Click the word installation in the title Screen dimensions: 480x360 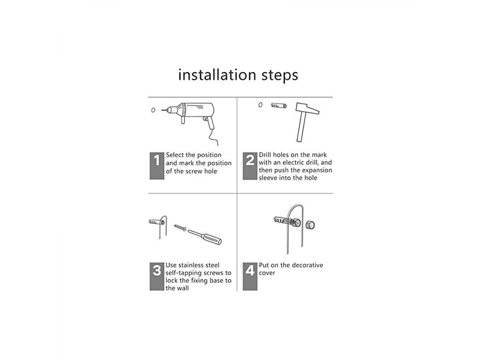pyautogui.click(x=217, y=74)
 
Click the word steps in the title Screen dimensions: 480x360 pyautogui.click(x=280, y=76)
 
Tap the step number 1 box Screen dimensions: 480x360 pyautogui.click(x=157, y=166)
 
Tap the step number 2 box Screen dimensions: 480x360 pyautogui.click(x=250, y=166)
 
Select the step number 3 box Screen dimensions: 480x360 pyautogui.click(x=157, y=276)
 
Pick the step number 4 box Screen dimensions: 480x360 pyautogui.click(x=250, y=276)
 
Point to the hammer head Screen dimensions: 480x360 pyautogui.click(x=307, y=109)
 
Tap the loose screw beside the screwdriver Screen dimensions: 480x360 pyautogui.click(x=180, y=227)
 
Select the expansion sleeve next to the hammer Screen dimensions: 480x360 pyautogui.click(x=278, y=106)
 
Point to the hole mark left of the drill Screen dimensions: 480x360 pyautogui.click(x=153, y=110)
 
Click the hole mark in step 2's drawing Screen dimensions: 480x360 pyautogui.click(x=260, y=104)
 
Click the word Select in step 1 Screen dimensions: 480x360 pyautogui.click(x=175, y=155)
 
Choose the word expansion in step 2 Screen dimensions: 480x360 pyautogui.click(x=318, y=170)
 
